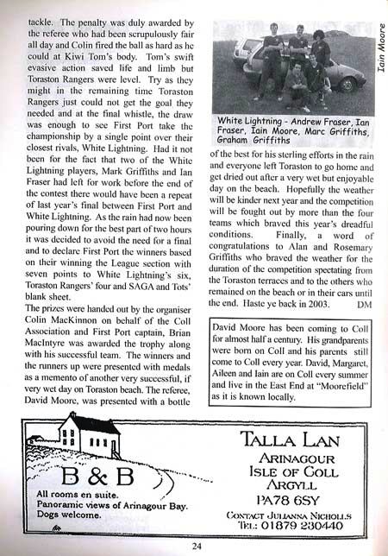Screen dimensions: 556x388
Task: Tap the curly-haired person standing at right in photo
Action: (320, 50)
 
